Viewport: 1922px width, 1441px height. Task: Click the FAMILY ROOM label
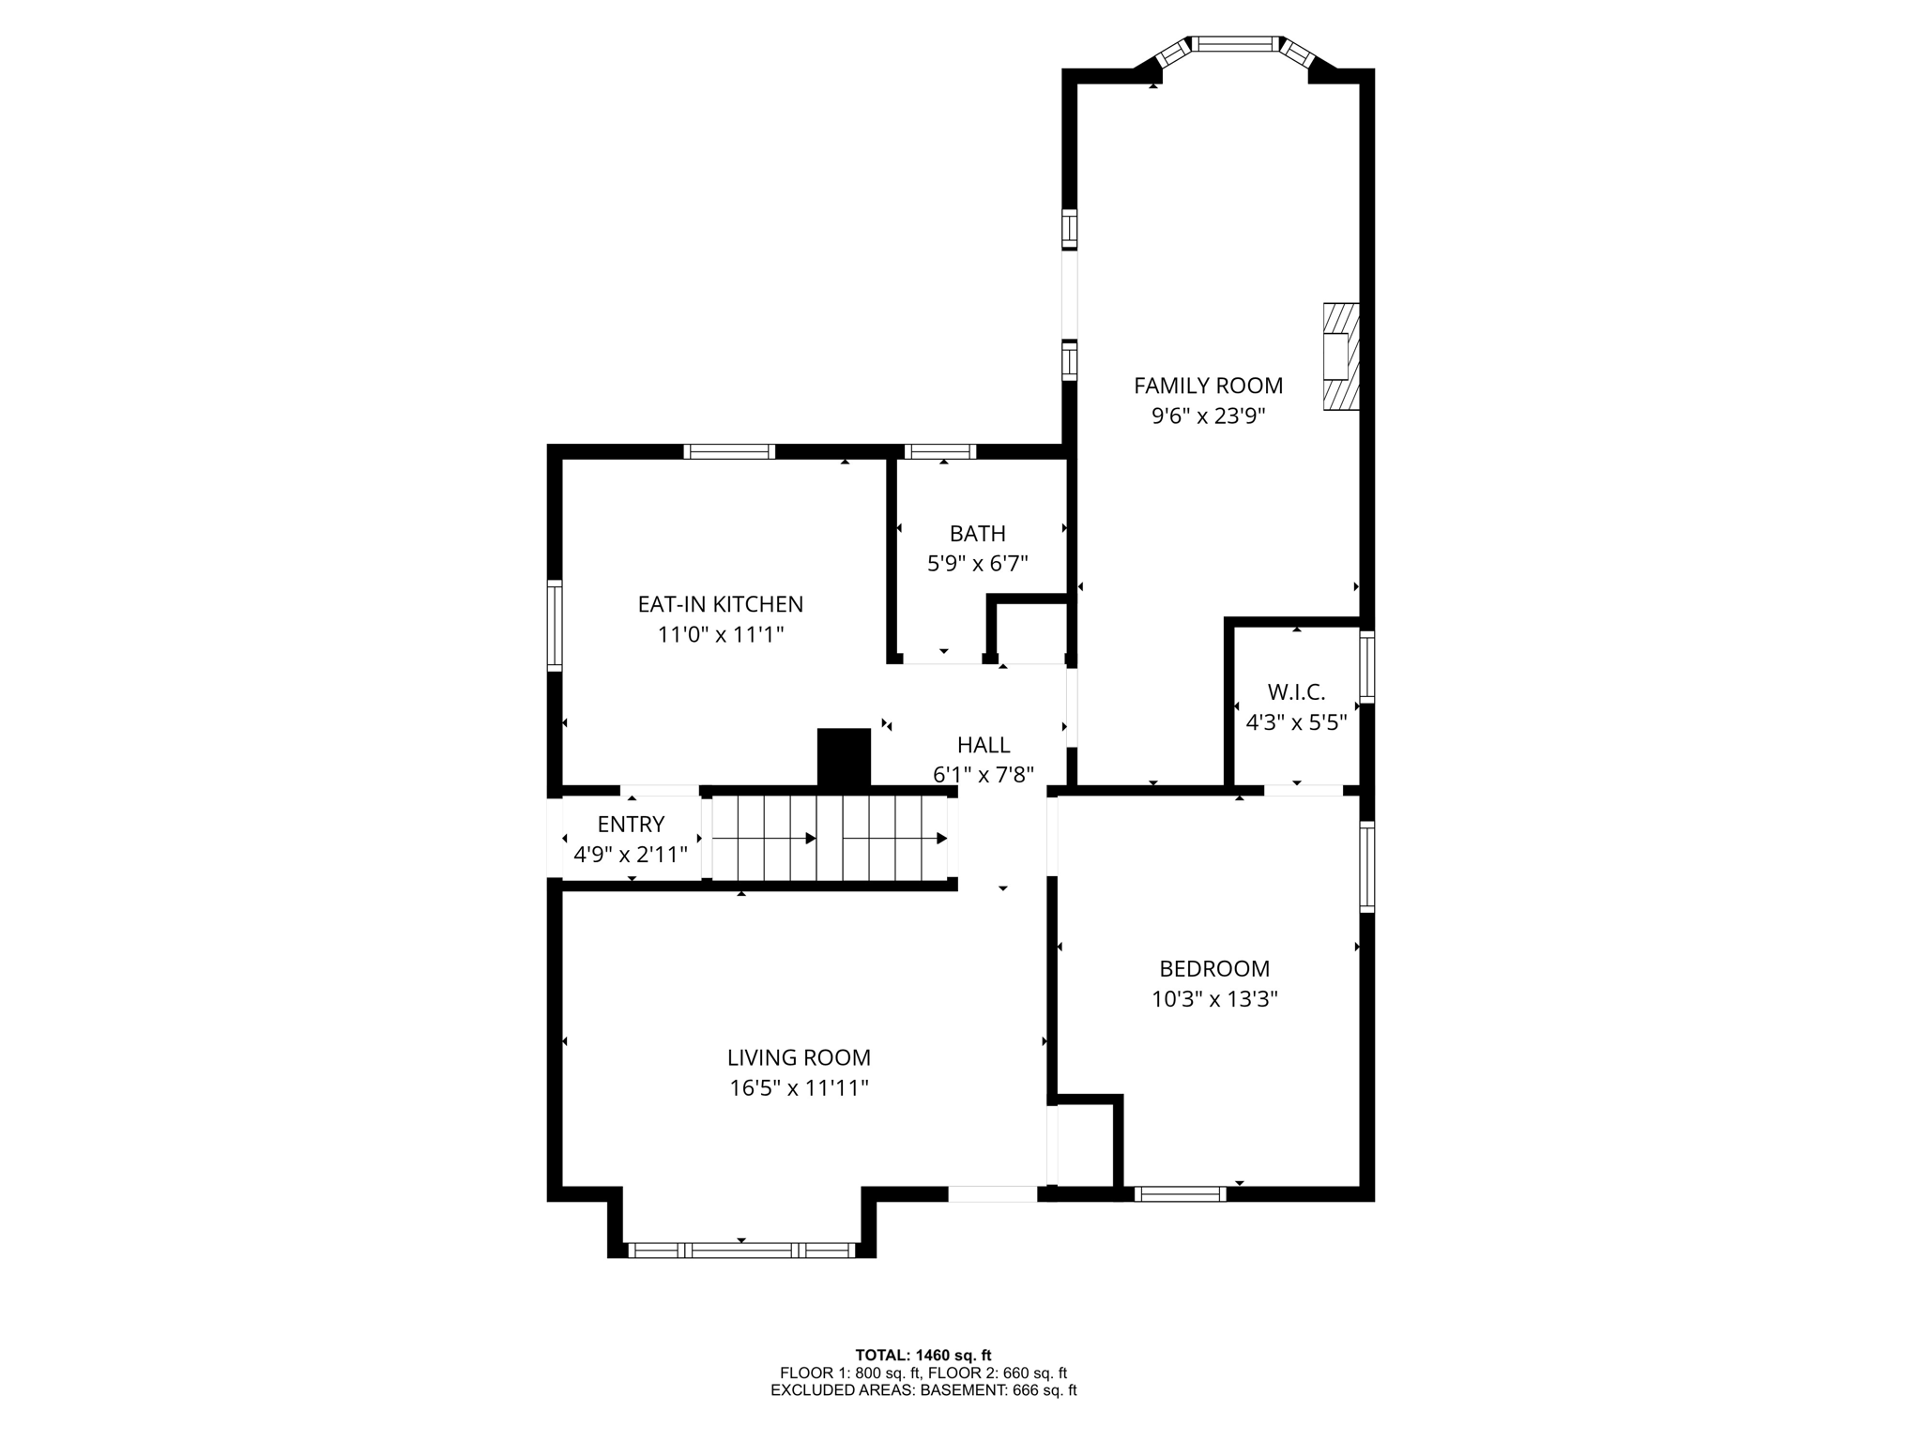(x=1208, y=386)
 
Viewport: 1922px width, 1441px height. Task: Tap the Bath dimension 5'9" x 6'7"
(x=977, y=564)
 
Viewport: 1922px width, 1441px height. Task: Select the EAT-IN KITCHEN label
(x=720, y=604)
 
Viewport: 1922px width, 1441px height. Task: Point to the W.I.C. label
(x=1296, y=692)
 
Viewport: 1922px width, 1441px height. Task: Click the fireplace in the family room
(x=1340, y=356)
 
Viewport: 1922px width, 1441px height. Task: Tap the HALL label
(x=983, y=745)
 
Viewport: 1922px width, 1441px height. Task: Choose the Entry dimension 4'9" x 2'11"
(x=630, y=855)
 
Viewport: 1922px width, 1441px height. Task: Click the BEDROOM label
(x=1213, y=968)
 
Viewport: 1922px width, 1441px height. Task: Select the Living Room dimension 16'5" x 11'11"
(x=799, y=1088)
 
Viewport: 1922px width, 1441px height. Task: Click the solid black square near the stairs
(x=844, y=756)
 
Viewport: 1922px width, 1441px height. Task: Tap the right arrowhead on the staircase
(x=941, y=838)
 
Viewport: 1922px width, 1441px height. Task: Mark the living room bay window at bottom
(x=740, y=1250)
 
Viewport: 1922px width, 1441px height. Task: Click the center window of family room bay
(x=1234, y=43)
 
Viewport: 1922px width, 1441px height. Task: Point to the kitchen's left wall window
(x=555, y=625)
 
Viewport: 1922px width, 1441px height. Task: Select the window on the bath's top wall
(x=939, y=452)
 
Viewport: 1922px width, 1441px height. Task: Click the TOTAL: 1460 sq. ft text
(x=923, y=1355)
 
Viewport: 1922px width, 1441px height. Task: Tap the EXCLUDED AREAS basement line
(x=923, y=1390)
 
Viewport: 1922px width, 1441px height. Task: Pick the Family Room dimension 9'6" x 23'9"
(x=1208, y=416)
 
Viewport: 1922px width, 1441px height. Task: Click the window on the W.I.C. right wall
(x=1366, y=667)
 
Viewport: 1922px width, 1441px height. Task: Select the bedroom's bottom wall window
(x=1180, y=1194)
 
